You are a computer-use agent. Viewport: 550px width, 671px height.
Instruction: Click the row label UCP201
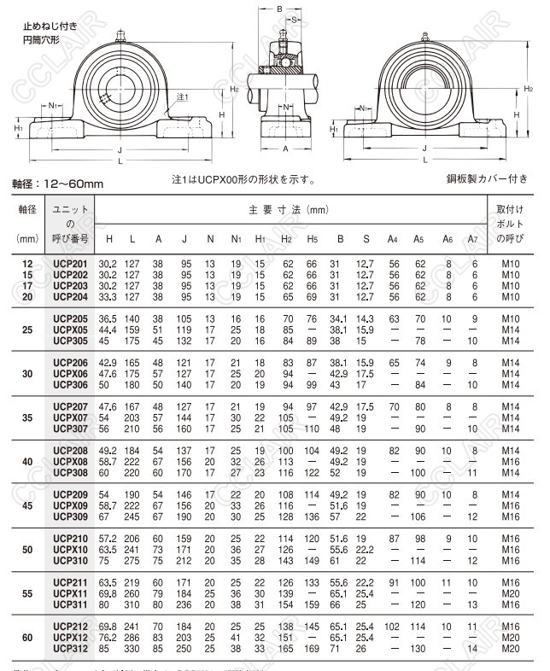(x=70, y=265)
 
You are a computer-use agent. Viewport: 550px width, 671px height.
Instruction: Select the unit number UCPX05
(x=70, y=329)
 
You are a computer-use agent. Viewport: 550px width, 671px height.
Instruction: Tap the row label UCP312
(x=70, y=648)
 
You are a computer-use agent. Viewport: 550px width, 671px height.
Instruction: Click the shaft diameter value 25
(x=26, y=329)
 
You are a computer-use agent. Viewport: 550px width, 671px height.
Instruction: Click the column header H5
(x=313, y=239)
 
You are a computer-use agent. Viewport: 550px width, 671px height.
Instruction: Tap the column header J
(x=184, y=239)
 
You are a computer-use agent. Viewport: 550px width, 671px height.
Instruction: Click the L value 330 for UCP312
(x=132, y=648)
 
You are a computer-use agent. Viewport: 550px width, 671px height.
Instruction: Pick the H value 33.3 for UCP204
(x=108, y=296)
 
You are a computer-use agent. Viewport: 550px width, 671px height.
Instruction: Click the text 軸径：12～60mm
(x=57, y=183)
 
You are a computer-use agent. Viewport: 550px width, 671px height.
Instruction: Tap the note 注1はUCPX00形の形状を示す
(x=244, y=180)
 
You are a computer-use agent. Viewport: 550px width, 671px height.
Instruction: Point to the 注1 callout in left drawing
(x=182, y=97)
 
